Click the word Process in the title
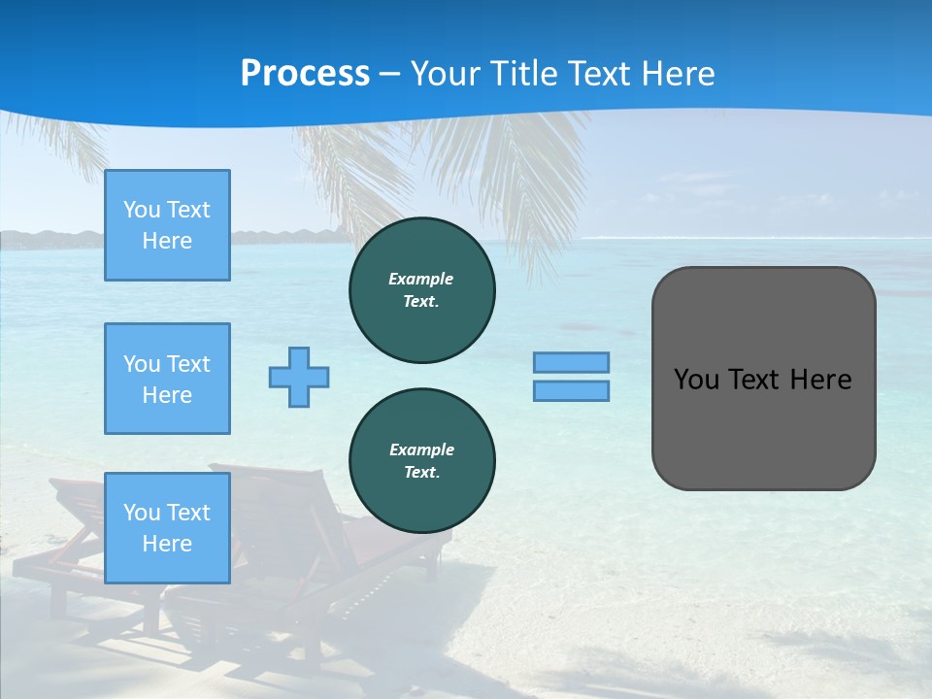click(x=305, y=74)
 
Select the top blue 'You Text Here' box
click(x=167, y=225)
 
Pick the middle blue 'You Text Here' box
click(x=167, y=379)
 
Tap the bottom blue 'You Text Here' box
click(x=167, y=528)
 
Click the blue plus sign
click(x=299, y=377)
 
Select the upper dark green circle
click(x=421, y=290)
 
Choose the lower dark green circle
click(x=421, y=461)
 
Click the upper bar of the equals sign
click(x=571, y=362)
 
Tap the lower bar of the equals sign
click(x=571, y=390)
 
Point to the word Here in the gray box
click(x=820, y=380)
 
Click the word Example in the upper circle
click(x=420, y=279)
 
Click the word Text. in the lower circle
click(x=421, y=473)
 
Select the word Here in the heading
click(x=677, y=74)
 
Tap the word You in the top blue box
click(x=142, y=210)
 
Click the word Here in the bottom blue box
click(x=167, y=544)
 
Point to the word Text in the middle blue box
click(x=188, y=364)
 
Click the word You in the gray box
click(x=696, y=380)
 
